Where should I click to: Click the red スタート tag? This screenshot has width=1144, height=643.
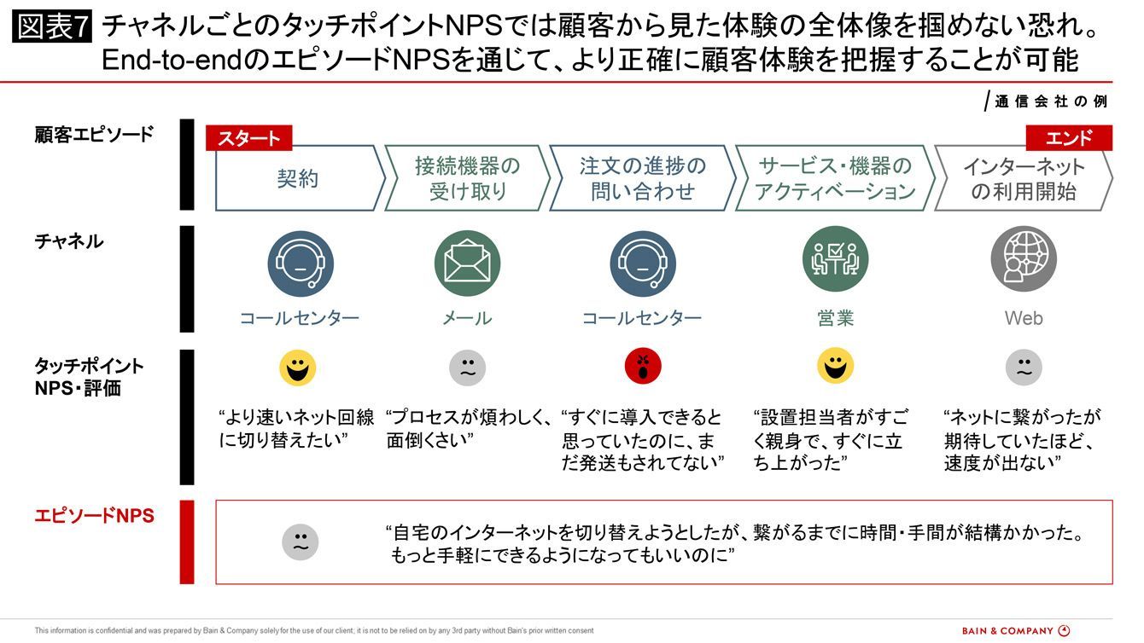pyautogui.click(x=248, y=138)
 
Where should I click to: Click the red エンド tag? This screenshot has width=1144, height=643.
pyautogui.click(x=1068, y=138)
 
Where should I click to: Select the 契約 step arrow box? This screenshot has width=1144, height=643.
pyautogui.click(x=297, y=178)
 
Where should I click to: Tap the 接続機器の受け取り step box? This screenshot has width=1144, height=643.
pyautogui.click(x=467, y=178)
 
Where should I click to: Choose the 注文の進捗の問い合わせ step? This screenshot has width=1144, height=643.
pyautogui.click(x=642, y=178)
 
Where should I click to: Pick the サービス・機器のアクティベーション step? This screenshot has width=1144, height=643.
pyautogui.click(x=834, y=178)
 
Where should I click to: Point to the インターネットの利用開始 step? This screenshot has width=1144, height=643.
pyautogui.click(x=1023, y=178)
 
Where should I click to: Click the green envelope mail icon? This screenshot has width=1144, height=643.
pyautogui.click(x=467, y=263)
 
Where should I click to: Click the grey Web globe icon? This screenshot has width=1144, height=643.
pyautogui.click(x=1023, y=259)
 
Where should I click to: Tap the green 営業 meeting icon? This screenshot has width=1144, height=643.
pyautogui.click(x=835, y=259)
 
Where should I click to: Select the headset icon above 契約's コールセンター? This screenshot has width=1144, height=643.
pyautogui.click(x=301, y=263)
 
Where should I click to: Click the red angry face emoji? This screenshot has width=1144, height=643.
pyautogui.click(x=643, y=368)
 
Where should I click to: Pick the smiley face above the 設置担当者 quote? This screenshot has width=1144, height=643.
pyautogui.click(x=835, y=367)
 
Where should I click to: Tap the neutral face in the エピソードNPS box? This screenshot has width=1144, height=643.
pyautogui.click(x=300, y=542)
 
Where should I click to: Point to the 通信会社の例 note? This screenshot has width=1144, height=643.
pyautogui.click(x=1050, y=101)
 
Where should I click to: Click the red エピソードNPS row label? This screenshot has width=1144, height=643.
pyautogui.click(x=94, y=516)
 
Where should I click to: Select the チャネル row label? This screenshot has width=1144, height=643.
pyautogui.click(x=69, y=241)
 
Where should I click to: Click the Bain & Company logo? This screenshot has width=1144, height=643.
pyautogui.click(x=1015, y=631)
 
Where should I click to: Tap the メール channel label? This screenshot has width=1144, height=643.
pyautogui.click(x=467, y=318)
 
